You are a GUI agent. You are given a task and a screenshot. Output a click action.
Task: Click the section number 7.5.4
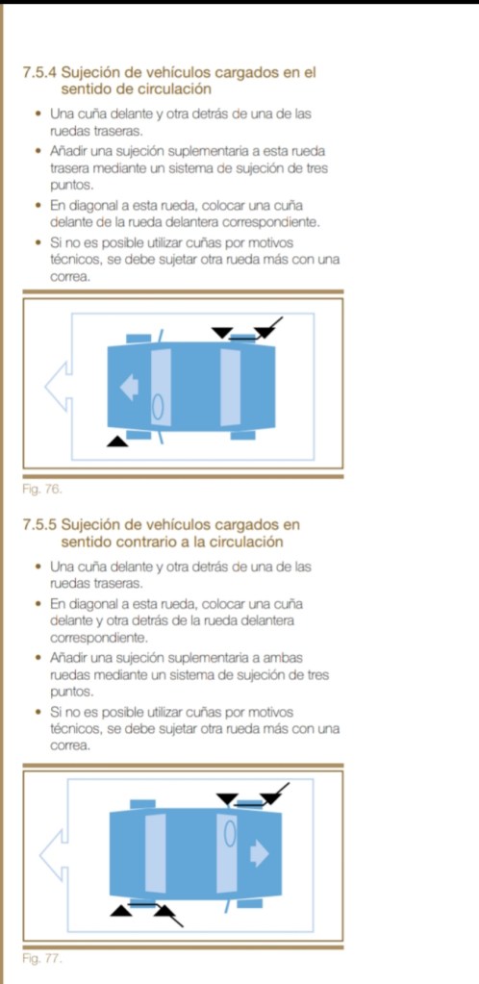40,73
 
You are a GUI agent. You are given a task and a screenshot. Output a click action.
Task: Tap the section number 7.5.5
40,524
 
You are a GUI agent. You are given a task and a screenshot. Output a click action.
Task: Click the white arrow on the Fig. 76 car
130,387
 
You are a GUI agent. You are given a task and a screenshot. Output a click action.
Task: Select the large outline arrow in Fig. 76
58,387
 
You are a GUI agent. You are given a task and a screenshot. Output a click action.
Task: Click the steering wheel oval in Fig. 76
158,406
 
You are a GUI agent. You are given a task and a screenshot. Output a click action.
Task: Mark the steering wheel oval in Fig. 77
231,833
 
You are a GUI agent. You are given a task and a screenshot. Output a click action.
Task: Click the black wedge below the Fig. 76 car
116,442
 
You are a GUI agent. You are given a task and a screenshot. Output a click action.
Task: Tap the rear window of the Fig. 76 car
231,387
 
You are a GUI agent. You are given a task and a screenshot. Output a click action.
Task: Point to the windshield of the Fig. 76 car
161,387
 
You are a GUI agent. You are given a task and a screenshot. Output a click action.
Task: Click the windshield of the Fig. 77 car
227,853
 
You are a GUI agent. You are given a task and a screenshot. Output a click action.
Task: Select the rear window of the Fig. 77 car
156,853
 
